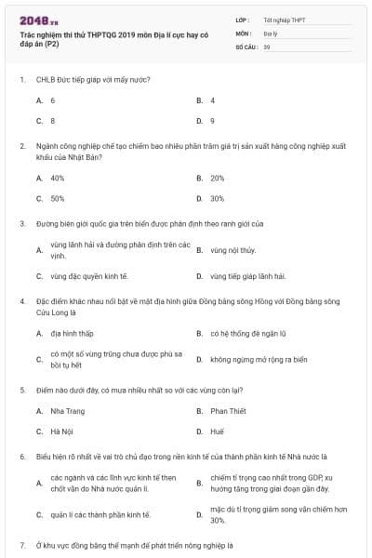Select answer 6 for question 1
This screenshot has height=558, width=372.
[53, 100]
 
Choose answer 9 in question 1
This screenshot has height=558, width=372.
[212, 121]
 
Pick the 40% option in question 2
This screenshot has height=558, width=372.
[58, 178]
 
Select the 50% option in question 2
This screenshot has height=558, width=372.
[58, 198]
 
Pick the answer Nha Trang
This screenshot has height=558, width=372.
[68, 411]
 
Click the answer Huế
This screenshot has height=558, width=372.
[218, 432]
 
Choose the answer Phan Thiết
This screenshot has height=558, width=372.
[228, 411]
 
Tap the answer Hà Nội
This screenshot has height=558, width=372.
[61, 432]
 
